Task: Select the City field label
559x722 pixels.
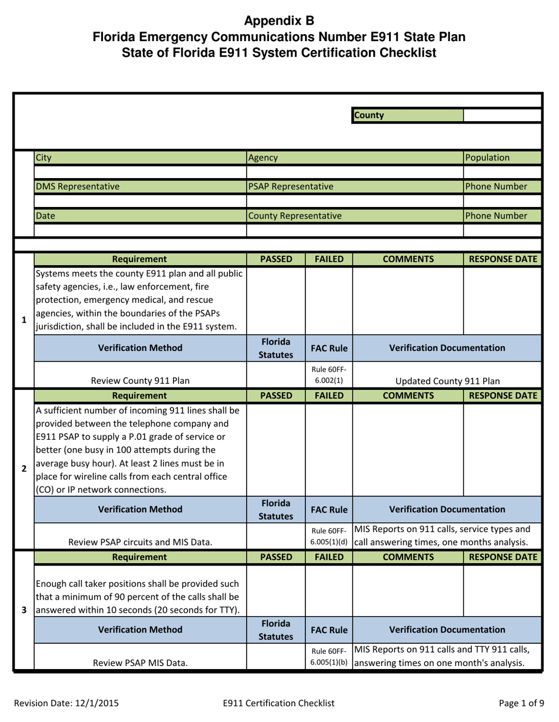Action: pos(44,158)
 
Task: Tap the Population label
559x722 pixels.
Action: pos(487,158)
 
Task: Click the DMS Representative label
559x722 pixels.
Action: pos(78,186)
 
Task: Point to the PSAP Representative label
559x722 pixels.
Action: pos(291,186)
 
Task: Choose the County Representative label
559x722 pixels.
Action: pos(295,216)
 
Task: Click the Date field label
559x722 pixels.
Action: pos(45,216)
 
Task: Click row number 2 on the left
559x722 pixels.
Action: pos(24,469)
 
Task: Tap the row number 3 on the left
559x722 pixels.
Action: pos(24,610)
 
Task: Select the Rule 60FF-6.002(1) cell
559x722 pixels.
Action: pos(328,375)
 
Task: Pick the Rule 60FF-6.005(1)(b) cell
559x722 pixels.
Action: pos(328,657)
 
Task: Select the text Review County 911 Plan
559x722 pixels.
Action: pos(140,381)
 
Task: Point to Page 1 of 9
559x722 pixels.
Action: pos(521,703)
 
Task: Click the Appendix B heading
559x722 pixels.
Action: pos(279,21)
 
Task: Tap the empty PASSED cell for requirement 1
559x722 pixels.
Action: pos(275,300)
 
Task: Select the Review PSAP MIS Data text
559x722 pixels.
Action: pos(140,663)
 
